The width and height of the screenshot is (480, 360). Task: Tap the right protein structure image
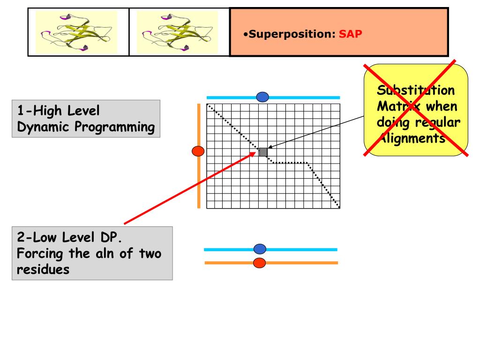(x=178, y=32)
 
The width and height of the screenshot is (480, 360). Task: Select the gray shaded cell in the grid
(x=263, y=152)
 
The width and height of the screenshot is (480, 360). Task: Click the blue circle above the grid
(x=262, y=97)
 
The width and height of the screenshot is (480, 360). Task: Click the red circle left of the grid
(x=199, y=151)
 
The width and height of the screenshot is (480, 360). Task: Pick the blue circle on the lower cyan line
(x=259, y=249)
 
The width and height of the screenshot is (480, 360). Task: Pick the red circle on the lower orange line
(x=259, y=263)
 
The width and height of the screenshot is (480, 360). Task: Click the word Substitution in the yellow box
(x=416, y=90)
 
